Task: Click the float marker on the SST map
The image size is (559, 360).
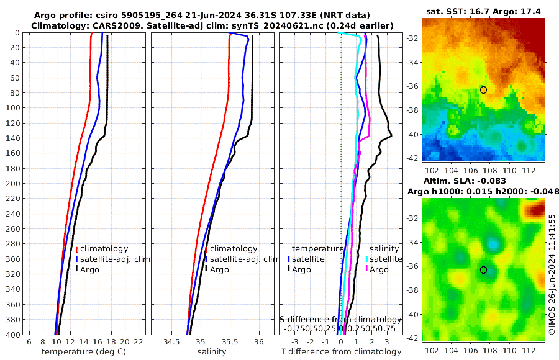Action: (x=483, y=90)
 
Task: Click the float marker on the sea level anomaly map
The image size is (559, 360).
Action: (x=483, y=269)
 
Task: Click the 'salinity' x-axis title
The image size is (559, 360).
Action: (x=211, y=352)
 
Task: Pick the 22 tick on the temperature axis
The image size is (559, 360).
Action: (x=139, y=342)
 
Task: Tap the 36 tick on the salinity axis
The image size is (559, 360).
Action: (x=259, y=342)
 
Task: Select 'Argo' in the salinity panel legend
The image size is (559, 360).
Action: (x=219, y=269)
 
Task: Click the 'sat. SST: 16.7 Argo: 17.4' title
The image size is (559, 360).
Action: (x=484, y=12)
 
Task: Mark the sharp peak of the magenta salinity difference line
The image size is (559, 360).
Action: (x=370, y=136)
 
